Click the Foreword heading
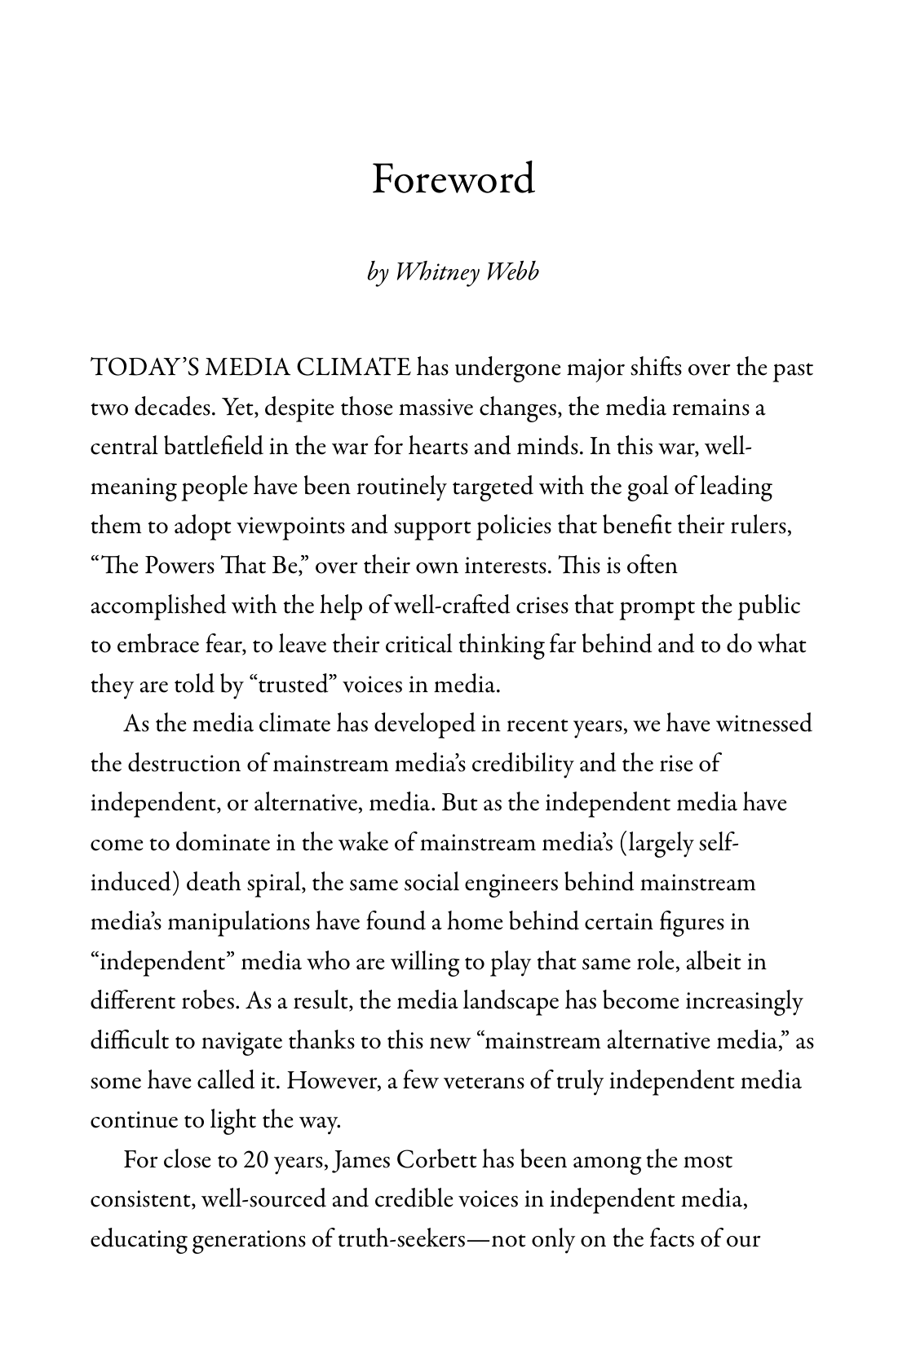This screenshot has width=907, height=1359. (453, 179)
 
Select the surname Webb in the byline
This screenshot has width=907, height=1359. (511, 272)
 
